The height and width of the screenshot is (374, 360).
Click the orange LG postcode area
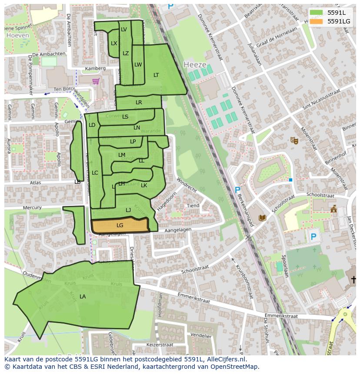click(x=120, y=225)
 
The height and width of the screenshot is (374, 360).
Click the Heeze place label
click(x=195, y=64)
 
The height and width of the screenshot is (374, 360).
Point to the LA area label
click(x=83, y=297)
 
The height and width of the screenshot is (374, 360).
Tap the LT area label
click(x=156, y=75)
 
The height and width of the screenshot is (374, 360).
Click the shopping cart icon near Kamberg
click(x=96, y=81)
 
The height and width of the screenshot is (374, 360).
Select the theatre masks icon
click(x=294, y=140)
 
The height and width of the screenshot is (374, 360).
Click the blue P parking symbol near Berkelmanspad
click(x=237, y=190)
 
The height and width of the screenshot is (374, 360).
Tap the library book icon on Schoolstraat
click(x=262, y=218)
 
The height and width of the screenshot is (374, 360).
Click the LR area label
click(x=139, y=103)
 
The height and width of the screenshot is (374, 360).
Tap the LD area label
click(x=92, y=125)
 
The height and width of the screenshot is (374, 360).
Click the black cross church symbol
click(x=354, y=280)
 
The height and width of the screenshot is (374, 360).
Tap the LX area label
click(x=114, y=43)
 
